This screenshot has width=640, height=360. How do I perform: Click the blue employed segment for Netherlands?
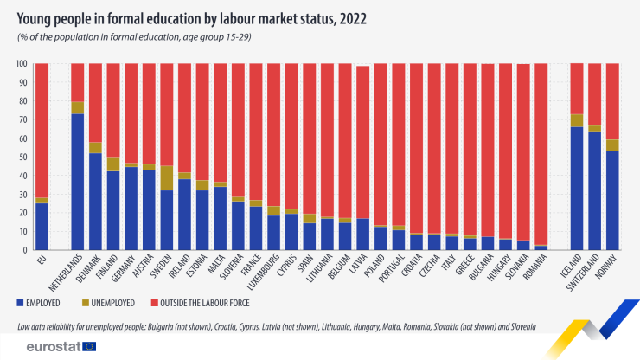(x=78, y=182)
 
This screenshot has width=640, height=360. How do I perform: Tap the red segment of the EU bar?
(x=42, y=130)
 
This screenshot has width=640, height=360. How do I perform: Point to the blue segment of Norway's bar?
(x=612, y=200)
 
